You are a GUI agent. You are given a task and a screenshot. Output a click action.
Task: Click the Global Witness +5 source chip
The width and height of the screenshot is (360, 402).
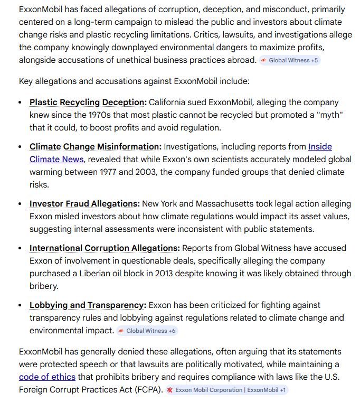[x=289, y=60]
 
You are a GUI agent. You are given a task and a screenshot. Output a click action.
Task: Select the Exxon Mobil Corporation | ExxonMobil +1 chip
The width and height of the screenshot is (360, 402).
[x=226, y=390]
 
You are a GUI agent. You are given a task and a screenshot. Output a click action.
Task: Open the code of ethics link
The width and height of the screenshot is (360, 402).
[x=47, y=377]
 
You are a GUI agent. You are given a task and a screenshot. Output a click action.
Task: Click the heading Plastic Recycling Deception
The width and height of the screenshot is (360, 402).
[x=88, y=102]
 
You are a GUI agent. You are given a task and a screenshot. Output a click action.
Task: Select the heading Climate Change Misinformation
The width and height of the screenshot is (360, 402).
[x=95, y=146]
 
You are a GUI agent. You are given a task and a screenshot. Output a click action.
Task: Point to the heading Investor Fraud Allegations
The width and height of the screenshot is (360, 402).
[x=84, y=203]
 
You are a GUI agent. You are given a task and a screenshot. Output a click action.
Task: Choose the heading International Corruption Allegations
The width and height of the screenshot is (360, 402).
[x=105, y=248]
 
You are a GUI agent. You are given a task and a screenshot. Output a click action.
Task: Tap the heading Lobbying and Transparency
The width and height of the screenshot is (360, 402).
[x=87, y=305]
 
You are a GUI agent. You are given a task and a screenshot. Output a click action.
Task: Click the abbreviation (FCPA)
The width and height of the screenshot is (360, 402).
[x=143, y=390]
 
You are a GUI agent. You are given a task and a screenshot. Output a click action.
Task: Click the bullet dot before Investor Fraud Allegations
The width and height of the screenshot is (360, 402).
[x=20, y=204]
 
